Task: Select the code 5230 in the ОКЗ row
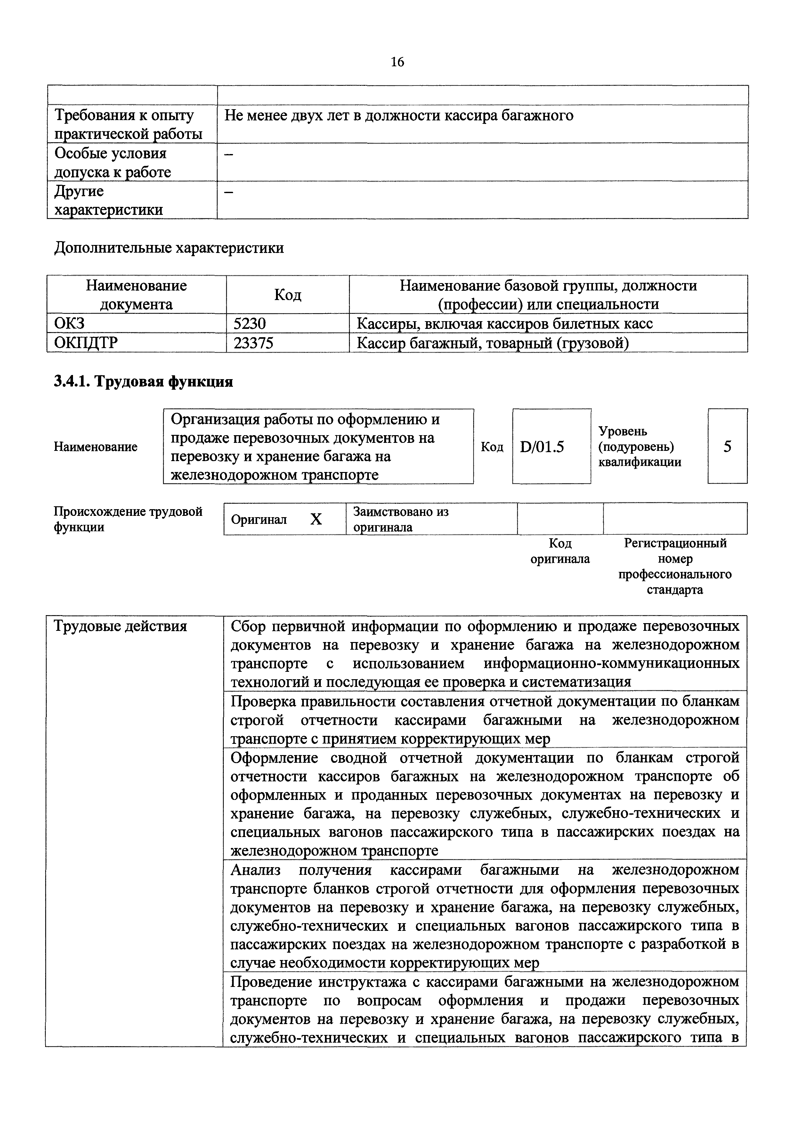[249, 324]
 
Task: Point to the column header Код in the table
[288, 295]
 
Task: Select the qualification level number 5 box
[727, 447]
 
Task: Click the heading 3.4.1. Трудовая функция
[143, 381]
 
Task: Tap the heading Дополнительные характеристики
[169, 248]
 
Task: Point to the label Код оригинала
[560, 551]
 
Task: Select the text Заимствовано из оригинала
[401, 519]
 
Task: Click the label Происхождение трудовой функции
[128, 519]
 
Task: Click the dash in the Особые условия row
[228, 155]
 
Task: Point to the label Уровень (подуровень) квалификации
[639, 447]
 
